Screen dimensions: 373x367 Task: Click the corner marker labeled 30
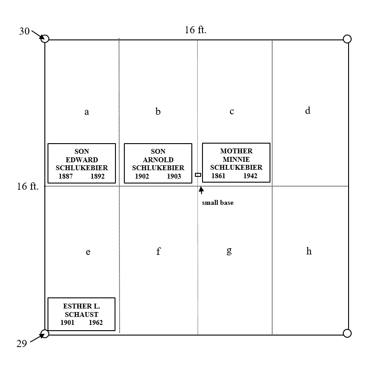point(45,39)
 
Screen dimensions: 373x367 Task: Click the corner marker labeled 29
point(45,333)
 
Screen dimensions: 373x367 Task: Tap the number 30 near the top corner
point(24,31)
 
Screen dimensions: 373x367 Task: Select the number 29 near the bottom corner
point(22,344)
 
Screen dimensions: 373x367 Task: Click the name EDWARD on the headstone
point(82,160)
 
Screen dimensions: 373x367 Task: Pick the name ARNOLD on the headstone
point(158,160)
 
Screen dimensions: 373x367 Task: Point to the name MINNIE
point(236,159)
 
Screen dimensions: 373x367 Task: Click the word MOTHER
point(236,151)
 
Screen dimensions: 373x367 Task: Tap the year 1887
point(66,176)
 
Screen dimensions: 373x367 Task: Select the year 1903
point(174,176)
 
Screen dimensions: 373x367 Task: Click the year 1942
point(250,176)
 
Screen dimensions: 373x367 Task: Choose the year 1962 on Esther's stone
point(95,322)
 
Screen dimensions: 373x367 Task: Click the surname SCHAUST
point(81,315)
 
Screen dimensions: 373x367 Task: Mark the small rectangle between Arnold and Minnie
point(198,175)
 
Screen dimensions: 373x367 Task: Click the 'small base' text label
point(218,203)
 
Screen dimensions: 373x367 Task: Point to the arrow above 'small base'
point(201,191)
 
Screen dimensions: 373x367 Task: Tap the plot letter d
point(308,110)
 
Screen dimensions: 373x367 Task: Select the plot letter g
point(229,251)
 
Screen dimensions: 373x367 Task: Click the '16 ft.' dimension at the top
point(195,30)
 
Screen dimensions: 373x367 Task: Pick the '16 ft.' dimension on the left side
point(28,186)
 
